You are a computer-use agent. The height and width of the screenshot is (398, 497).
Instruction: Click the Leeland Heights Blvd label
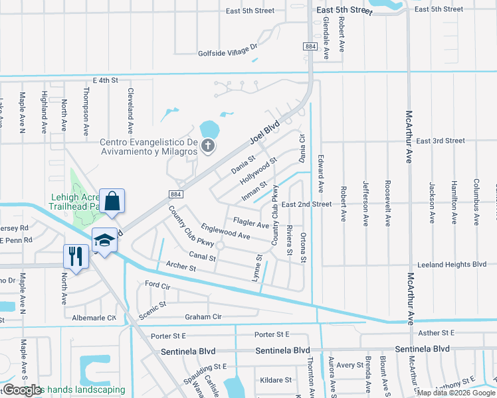pyautogui.click(x=451, y=263)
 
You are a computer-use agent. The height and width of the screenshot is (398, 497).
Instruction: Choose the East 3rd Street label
pyautogui.click(x=441, y=141)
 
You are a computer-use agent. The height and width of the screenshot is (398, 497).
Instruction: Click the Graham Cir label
pyautogui.click(x=203, y=317)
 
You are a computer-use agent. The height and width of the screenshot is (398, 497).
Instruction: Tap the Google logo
pyautogui.click(x=22, y=390)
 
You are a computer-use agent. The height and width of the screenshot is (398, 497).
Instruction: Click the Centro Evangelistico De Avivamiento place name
pyautogui.click(x=149, y=147)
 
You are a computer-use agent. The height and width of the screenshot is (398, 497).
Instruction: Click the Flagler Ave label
pyautogui.click(x=250, y=223)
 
